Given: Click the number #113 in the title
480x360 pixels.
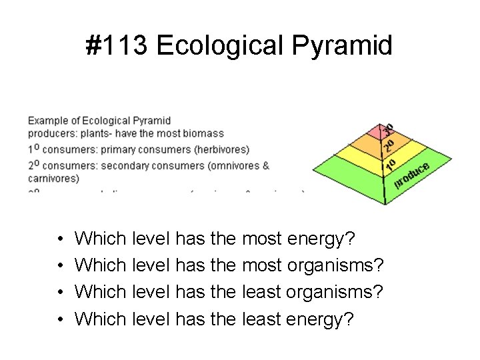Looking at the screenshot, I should tap(117, 46).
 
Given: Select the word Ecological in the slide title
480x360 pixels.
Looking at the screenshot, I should tap(219, 46).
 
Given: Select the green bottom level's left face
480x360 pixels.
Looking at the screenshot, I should tap(350, 179).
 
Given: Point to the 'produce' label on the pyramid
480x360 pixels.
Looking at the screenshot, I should tap(411, 174).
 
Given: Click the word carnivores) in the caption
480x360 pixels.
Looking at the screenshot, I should tap(53, 178).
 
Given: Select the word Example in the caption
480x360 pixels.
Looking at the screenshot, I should tap(47, 121).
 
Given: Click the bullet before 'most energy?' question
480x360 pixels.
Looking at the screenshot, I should tap(60, 239).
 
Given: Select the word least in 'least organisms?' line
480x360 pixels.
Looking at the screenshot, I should tap(262, 292).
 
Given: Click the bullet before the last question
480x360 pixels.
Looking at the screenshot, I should tap(60, 319).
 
